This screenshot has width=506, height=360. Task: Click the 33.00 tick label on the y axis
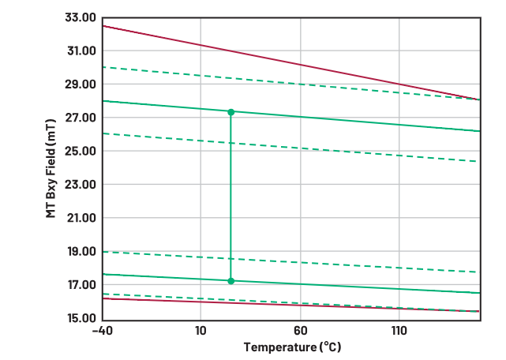point(78,17)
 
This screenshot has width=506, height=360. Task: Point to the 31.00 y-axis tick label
point(78,51)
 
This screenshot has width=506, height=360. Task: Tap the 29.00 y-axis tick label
point(78,84)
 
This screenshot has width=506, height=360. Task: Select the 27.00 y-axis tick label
point(78,118)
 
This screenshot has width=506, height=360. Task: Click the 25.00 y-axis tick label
point(78,152)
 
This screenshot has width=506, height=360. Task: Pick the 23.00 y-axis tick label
point(78,185)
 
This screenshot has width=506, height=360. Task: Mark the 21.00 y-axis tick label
point(78,219)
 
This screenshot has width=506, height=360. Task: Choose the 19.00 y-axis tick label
point(78,252)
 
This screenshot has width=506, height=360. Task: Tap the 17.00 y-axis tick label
point(78,285)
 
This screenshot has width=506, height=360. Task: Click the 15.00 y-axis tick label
point(78,319)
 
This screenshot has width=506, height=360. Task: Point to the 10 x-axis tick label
point(201,331)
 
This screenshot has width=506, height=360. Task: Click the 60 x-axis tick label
point(300,331)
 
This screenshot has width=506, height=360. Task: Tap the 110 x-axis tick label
point(399,331)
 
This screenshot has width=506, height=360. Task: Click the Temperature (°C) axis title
point(292,347)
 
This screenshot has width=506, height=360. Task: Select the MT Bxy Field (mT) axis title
point(51,168)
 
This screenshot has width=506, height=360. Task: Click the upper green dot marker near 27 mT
point(231,112)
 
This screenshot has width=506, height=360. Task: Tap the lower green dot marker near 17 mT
point(231,281)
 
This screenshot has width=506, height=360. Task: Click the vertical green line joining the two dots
point(231,197)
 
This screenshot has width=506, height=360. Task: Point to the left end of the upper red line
point(103,26)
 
